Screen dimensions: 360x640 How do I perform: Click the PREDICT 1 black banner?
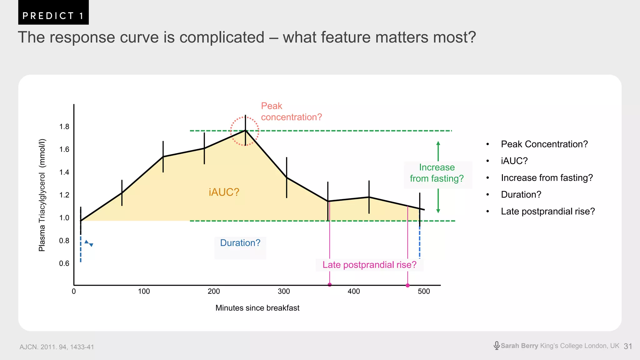pos(53,12)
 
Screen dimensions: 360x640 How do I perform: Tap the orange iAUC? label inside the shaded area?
pos(224,192)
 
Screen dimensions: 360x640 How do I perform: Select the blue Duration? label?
pos(240,243)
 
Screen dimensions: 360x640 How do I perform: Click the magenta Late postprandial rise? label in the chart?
pos(369,265)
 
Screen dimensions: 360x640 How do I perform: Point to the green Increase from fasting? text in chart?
pos(437,173)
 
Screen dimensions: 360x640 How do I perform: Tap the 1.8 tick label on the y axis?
pos(64,127)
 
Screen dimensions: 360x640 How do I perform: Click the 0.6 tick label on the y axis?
pos(64,263)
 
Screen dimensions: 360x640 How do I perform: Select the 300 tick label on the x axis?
pos(284,292)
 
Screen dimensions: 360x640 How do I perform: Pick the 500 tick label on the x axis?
pos(424,292)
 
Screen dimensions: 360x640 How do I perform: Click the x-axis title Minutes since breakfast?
pos(257,308)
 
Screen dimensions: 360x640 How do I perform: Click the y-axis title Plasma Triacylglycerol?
pos(42,195)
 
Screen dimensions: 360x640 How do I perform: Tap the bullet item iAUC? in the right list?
pos(514,161)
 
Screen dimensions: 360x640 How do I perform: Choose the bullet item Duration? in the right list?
pos(521,195)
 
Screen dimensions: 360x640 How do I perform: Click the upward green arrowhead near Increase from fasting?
pos(438,143)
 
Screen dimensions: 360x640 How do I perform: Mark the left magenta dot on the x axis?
pos(330,284)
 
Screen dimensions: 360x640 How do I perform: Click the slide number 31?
pos(628,346)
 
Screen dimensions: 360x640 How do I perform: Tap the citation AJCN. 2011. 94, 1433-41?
pos(57,347)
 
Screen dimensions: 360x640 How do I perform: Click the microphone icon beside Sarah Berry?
pos(496,345)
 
